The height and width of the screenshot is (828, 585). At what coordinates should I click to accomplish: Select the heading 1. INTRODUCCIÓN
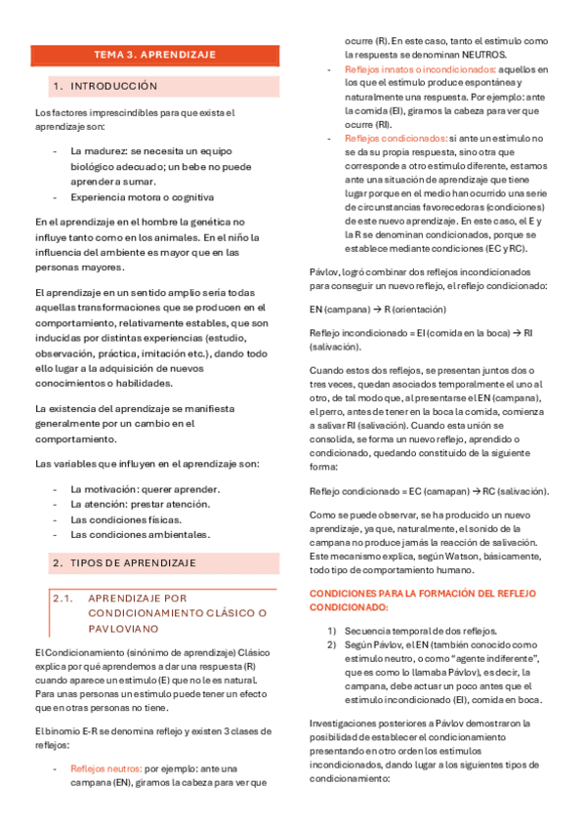tap(114, 87)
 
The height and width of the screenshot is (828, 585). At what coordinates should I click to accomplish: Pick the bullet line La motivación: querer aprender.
tap(146, 488)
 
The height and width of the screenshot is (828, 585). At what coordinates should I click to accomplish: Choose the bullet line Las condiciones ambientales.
tap(140, 534)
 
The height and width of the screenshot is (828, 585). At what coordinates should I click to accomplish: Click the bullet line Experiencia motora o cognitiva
tap(142, 197)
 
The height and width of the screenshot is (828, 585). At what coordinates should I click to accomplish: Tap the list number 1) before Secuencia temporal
tap(332, 630)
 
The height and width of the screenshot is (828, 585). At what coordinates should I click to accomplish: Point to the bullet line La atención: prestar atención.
tap(140, 504)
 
